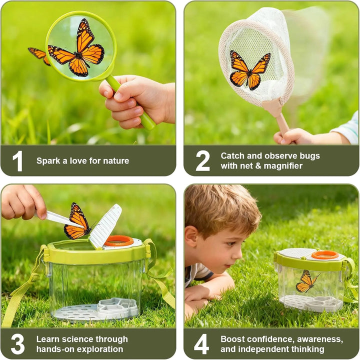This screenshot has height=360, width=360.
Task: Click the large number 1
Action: [x=17, y=161]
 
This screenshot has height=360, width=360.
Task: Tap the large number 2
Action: [x=202, y=161]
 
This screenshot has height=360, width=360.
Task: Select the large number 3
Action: [x=17, y=344]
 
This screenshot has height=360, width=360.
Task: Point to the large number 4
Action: [x=201, y=344]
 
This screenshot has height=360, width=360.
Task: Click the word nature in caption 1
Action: [x=114, y=161]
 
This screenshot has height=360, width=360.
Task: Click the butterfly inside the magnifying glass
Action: [x=77, y=48]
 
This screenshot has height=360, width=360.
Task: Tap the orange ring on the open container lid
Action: [x=118, y=240]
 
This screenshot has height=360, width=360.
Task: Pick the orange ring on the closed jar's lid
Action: [x=324, y=255]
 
